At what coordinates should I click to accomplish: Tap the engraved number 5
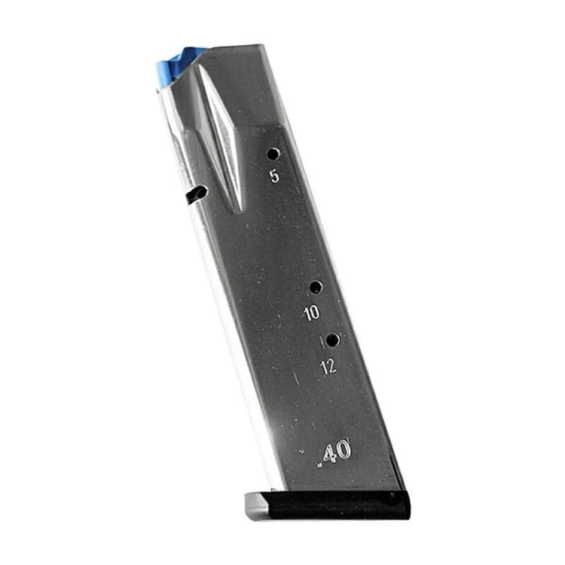[x=274, y=176]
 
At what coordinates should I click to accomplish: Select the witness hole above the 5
[x=273, y=154]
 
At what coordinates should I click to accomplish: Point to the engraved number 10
[x=312, y=313]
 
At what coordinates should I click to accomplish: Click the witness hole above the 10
[x=316, y=288]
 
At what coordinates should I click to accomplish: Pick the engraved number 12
[x=328, y=366]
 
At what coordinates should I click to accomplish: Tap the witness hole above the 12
[x=332, y=341]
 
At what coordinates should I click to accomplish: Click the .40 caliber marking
[x=334, y=453]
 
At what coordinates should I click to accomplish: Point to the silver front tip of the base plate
[x=256, y=505]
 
